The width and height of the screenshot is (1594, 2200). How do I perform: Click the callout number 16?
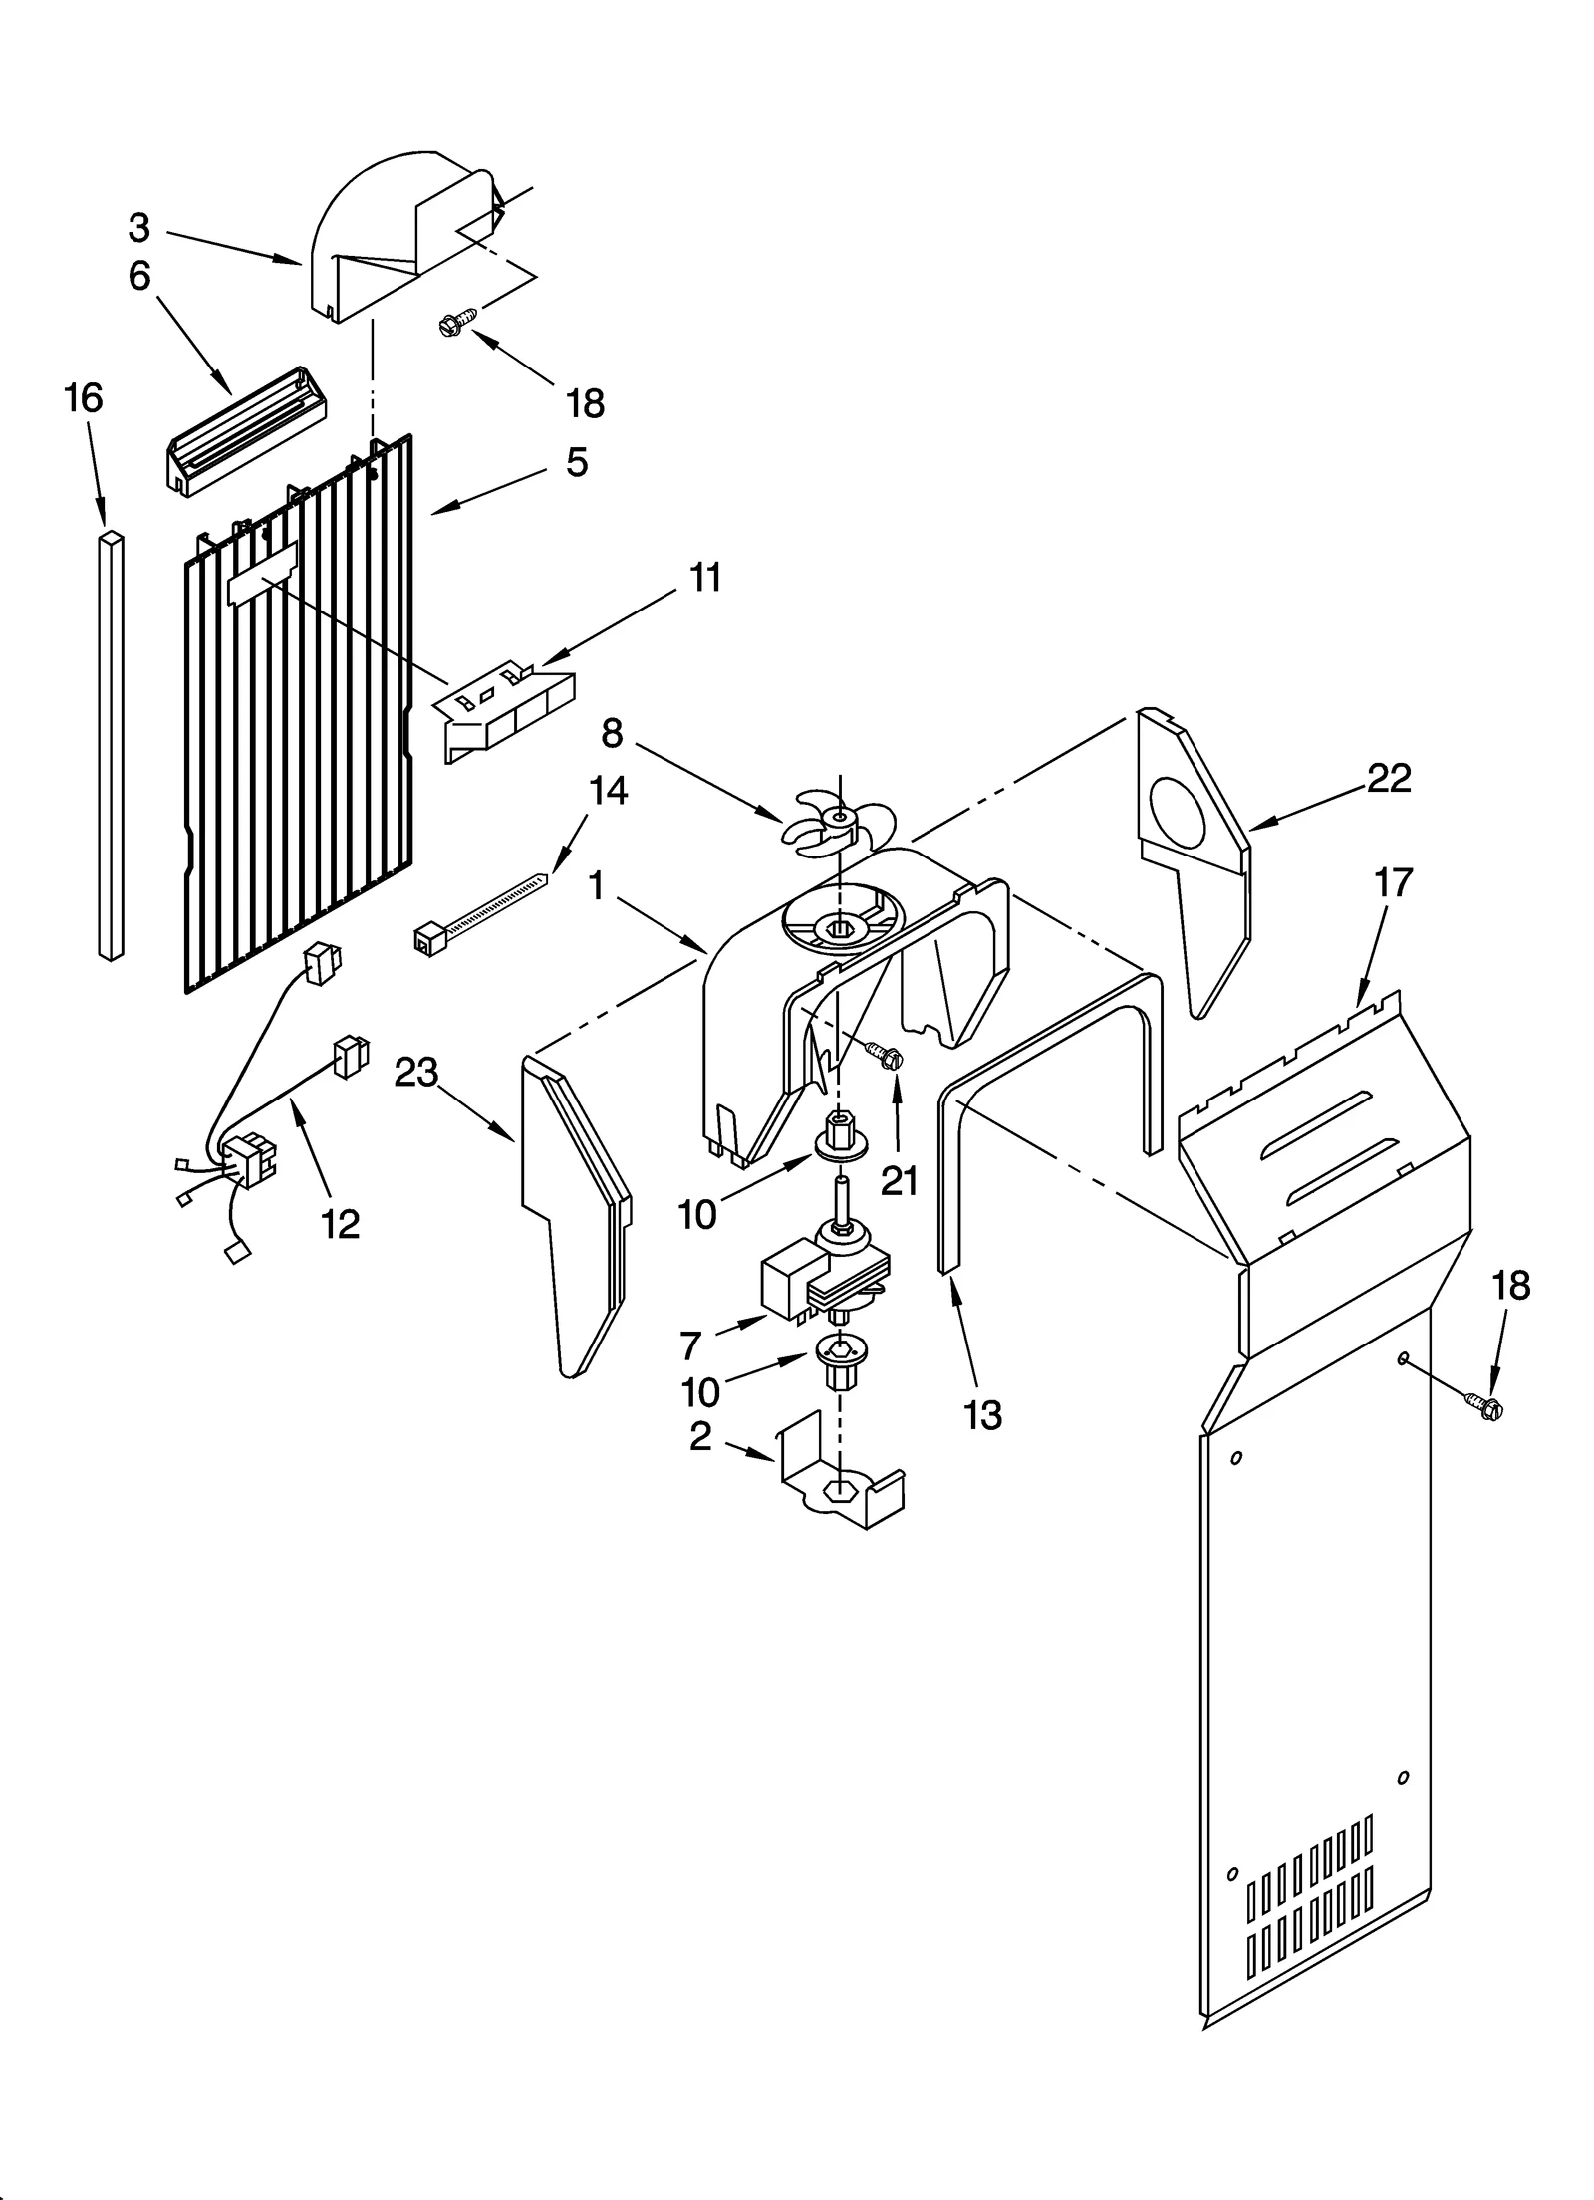83,398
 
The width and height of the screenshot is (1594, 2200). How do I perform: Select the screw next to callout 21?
883,1054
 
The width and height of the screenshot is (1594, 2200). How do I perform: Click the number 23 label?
416,1073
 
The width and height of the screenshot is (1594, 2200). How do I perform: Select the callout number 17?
1393,882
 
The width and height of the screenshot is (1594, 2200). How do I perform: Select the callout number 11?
705,578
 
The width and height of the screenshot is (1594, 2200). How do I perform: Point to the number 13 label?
982,1414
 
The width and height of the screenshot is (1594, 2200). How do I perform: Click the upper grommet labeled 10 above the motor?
839,1142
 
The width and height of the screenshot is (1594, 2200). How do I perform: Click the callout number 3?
138,228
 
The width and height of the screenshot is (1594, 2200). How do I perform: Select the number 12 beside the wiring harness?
340,1224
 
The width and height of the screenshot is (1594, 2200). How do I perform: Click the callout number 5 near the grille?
577,462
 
